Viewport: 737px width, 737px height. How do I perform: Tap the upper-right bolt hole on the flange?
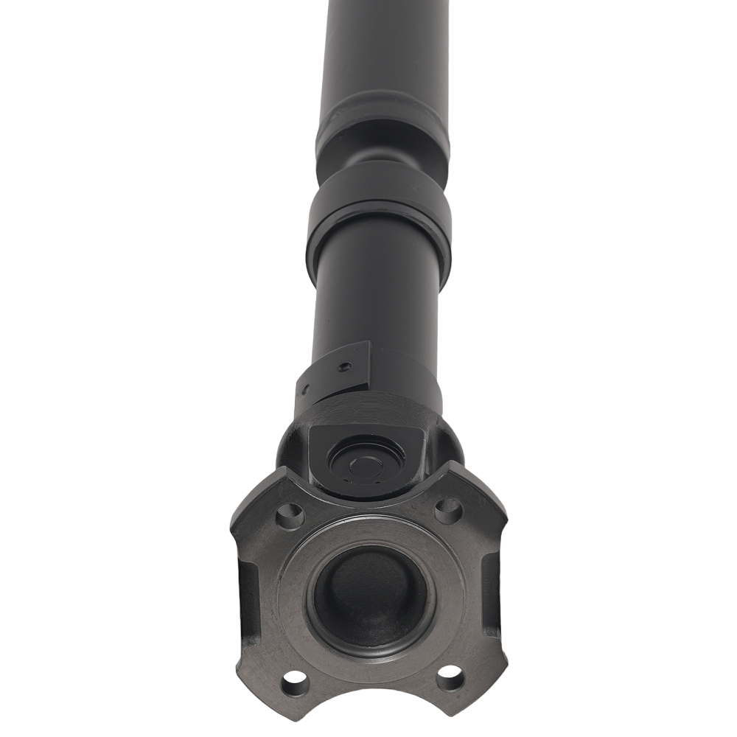point(447,509)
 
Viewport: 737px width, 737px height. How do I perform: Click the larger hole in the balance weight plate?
point(343,366)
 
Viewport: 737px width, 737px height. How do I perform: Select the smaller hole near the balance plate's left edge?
point(304,388)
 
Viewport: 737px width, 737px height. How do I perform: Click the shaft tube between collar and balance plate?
point(376,295)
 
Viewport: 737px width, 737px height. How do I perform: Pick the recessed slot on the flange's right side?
point(489,590)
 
